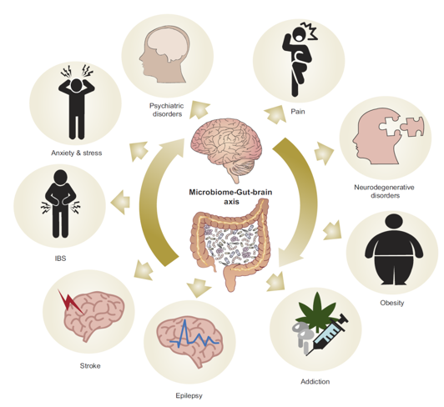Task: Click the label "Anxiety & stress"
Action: coord(77,153)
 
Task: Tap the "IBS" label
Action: coord(60,258)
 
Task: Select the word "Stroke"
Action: coord(90,365)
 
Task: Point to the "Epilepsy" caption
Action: coord(189,395)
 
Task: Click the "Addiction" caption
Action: coord(315,381)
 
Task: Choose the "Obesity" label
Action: coord(392,303)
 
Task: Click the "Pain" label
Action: coord(298,112)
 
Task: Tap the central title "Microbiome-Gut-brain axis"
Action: coord(230,197)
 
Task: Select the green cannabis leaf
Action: coord(316,309)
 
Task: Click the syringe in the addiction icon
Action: coord(328,334)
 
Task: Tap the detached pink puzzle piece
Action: coord(412,127)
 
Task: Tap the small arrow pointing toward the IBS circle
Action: coord(120,202)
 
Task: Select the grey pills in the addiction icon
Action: coord(302,338)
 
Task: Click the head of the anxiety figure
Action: coord(76,85)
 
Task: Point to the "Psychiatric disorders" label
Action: coord(167,110)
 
